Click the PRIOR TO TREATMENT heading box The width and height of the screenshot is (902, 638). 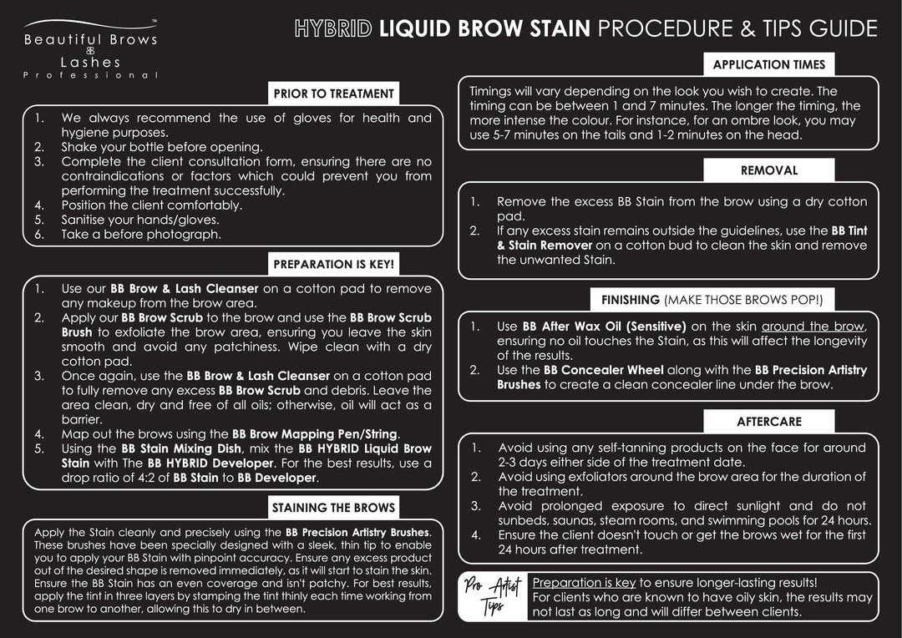(x=333, y=94)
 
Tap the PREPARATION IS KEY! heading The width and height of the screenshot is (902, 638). (x=333, y=265)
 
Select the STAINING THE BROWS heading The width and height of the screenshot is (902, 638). (x=333, y=508)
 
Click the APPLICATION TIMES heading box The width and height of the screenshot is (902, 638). (x=768, y=64)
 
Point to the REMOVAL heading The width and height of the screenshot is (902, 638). (x=768, y=170)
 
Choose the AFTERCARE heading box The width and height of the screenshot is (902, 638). (x=768, y=422)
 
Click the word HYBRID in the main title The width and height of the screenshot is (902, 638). (x=333, y=29)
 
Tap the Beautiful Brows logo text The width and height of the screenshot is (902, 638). (x=90, y=39)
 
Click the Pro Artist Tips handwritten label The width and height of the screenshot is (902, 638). (x=494, y=597)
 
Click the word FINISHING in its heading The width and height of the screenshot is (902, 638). (x=631, y=300)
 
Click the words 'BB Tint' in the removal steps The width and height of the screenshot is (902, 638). (x=849, y=230)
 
